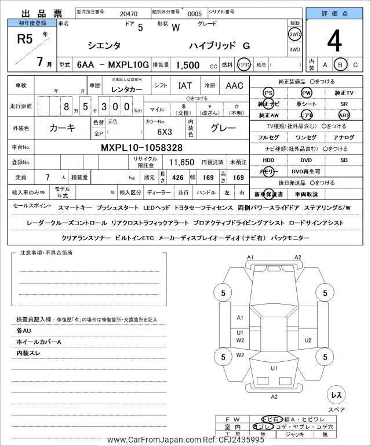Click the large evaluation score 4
coord(334,41)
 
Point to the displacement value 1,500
coord(188,66)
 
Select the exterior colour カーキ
coord(62,127)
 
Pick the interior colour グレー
coord(222,128)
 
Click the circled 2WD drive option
coord(294,34)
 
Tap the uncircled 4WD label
coord(294,50)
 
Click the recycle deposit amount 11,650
coord(181,162)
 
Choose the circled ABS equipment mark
coord(344,115)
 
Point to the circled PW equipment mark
coord(306,93)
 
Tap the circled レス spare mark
coord(335,395)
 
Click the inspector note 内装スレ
coord(28,353)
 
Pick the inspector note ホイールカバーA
coord(39,342)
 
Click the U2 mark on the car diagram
coord(308,340)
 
